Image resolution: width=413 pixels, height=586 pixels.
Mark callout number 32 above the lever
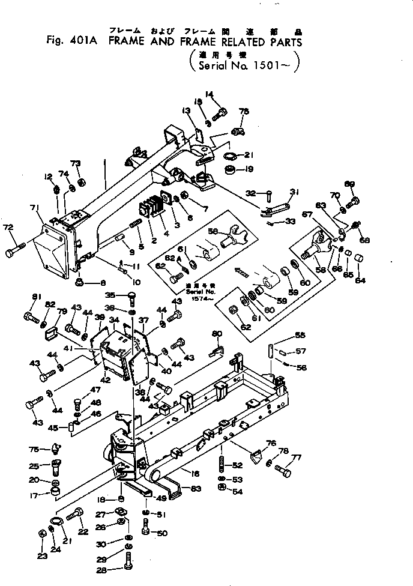click(251, 193)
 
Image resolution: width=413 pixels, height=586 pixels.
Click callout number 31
click(294, 192)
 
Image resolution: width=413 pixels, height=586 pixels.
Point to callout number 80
click(217, 334)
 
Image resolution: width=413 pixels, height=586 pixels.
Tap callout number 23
click(41, 556)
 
